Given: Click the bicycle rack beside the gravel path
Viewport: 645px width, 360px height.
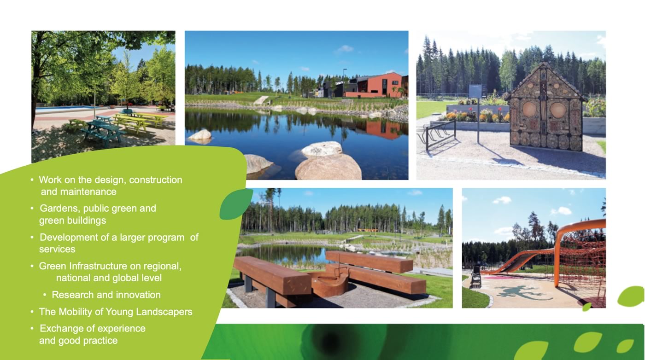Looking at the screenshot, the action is coord(440,135).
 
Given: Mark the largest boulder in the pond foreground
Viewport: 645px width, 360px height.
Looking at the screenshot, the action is coord(328,167).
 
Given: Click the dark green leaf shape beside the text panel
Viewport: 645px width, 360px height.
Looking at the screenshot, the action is coord(235,204).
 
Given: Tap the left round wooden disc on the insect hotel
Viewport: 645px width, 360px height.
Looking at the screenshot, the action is coord(529,110).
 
